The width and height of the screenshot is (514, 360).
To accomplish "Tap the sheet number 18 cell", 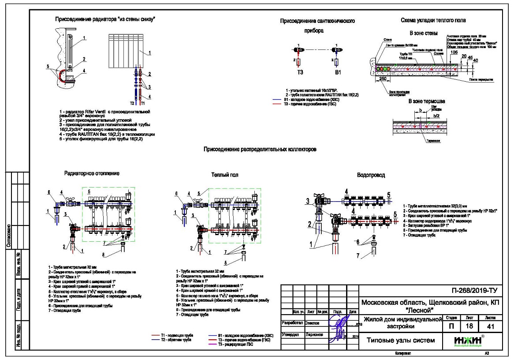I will coord(466,326).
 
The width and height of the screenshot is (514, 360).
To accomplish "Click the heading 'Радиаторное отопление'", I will coord(92,173).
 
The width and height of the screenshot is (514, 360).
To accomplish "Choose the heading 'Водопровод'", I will coord(371,175).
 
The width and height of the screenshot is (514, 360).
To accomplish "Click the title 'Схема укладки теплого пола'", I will coord(433,20).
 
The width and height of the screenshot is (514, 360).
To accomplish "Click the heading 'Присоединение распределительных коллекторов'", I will coord(260,150).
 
